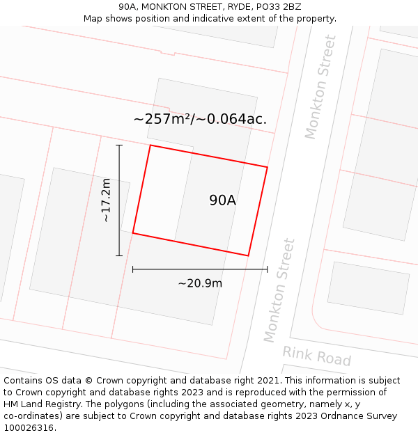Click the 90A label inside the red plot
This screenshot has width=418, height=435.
coord(223,200)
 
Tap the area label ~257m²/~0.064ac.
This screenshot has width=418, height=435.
coord(200,119)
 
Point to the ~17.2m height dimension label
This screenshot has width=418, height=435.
coord(106,200)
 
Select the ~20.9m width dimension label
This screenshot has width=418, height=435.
coord(200,283)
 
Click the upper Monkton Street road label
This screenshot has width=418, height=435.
coord(320,87)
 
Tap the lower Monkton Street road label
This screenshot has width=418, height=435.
coord(279,290)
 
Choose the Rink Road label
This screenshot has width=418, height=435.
coord(317,356)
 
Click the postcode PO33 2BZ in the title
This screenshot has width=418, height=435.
coord(279,7)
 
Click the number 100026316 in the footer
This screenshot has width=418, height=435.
coord(29,427)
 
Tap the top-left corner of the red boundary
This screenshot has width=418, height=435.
coord(150,145)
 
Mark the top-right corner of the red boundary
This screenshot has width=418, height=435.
coord(268,167)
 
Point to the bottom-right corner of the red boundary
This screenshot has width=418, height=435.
coord(248,255)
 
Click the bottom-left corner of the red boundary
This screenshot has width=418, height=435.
coord(132,233)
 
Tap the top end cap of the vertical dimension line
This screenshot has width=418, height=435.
coord(119,145)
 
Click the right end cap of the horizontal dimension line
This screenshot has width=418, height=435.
coord(268,269)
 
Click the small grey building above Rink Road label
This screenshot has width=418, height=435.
coord(368,288)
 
